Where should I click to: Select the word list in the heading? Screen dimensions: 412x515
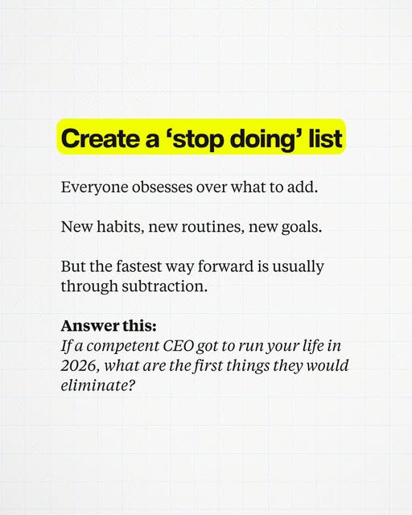pyautogui.click(x=325, y=138)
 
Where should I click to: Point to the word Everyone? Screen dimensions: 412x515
pyautogui.click(x=94, y=187)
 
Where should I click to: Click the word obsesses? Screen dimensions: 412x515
pyautogui.click(x=163, y=187)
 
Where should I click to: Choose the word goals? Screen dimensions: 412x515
pyautogui.click(x=302, y=227)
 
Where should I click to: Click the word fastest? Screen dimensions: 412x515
pyautogui.click(x=139, y=266)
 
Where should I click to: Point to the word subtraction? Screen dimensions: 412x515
pyautogui.click(x=165, y=286)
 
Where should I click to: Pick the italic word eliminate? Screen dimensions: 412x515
pyautogui.click(x=95, y=385)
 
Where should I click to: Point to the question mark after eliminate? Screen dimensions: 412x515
pyautogui.click(x=131, y=385)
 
